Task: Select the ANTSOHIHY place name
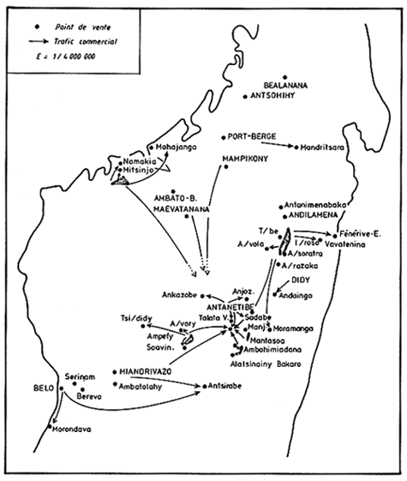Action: tap(275, 95)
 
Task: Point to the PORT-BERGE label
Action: tap(254, 135)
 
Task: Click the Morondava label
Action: tap(72, 429)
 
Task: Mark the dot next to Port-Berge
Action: tap(223, 136)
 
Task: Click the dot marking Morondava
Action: tap(53, 422)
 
